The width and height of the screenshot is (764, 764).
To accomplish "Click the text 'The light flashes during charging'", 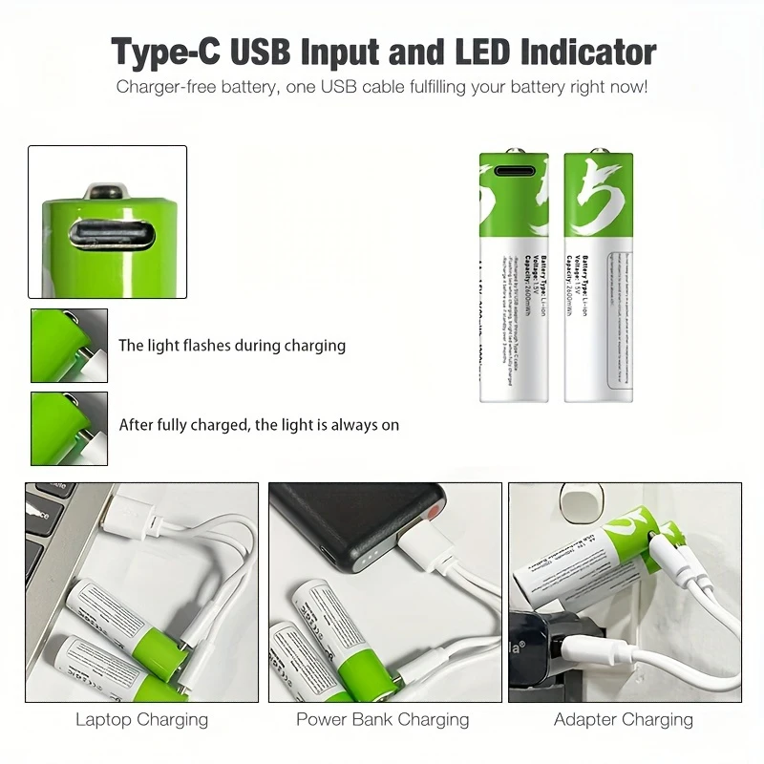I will (232, 346).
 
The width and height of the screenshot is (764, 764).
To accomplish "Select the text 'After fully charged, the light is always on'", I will (259, 425).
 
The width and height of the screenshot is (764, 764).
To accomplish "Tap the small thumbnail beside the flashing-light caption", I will (69, 346).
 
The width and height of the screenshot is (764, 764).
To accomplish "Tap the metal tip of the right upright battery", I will (601, 151).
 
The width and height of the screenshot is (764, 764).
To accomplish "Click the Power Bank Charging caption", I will (382, 719).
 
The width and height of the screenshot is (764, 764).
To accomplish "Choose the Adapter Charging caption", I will (624, 719).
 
